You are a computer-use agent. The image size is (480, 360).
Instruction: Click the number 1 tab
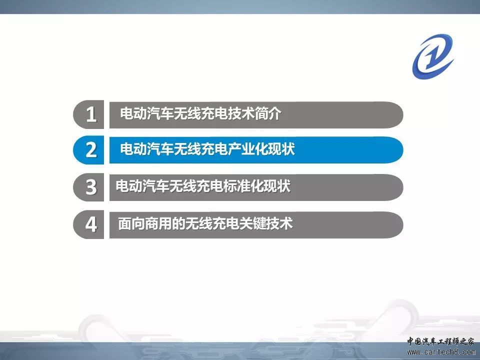coord(89,114)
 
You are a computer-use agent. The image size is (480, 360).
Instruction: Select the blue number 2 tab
coord(89,150)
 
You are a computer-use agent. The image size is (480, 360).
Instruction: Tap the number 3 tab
coord(89,187)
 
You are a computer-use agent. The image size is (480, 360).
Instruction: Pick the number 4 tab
coord(89,224)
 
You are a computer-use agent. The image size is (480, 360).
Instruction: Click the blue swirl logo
coord(433,56)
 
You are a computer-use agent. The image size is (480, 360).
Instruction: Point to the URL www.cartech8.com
coord(441,352)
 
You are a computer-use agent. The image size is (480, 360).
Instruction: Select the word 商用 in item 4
coord(158,223)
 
